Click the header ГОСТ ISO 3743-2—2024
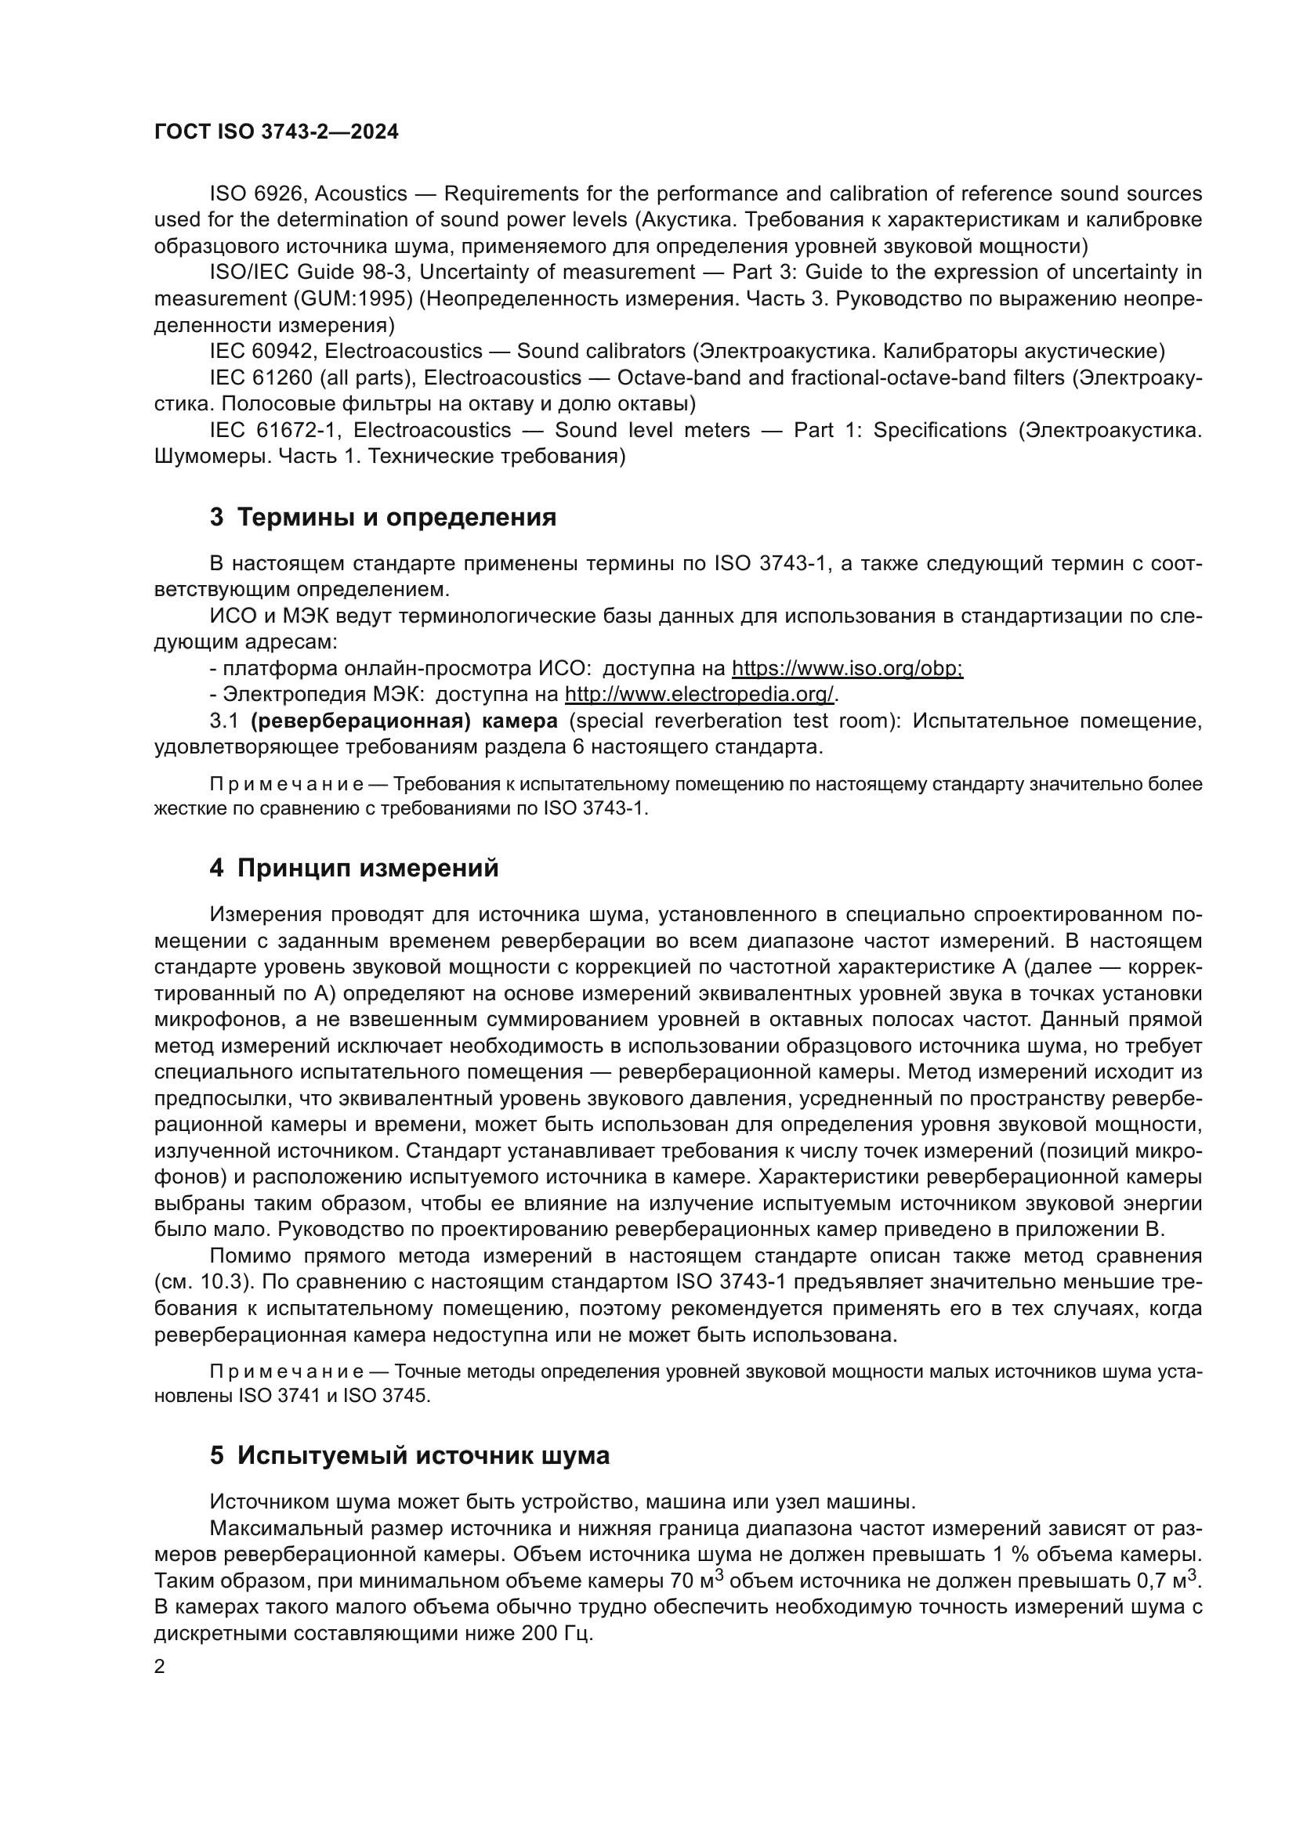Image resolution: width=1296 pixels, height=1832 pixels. point(276,132)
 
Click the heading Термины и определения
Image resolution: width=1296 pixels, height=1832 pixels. point(396,517)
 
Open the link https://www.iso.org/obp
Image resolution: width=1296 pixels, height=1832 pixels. point(847,668)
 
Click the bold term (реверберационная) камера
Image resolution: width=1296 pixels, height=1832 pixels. point(404,721)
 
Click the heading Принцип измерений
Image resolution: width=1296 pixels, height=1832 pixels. point(368,867)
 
